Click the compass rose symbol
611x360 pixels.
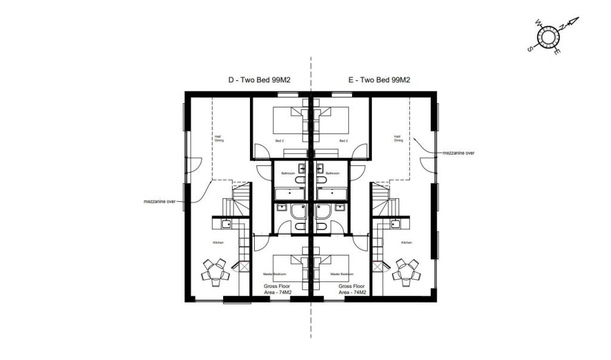click(x=548, y=37)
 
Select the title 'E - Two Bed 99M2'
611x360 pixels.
click(x=379, y=80)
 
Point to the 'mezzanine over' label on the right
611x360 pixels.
click(x=458, y=153)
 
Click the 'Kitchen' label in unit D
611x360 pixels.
click(x=218, y=242)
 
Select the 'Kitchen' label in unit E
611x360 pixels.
click(x=406, y=242)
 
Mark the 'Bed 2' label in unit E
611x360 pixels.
click(x=343, y=141)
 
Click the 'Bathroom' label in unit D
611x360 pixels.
click(x=289, y=173)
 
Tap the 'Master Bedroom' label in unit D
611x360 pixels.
click(x=276, y=274)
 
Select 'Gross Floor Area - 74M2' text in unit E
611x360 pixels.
click(x=352, y=289)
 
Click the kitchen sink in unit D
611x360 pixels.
click(x=226, y=224)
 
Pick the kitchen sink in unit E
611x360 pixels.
click(x=394, y=224)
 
